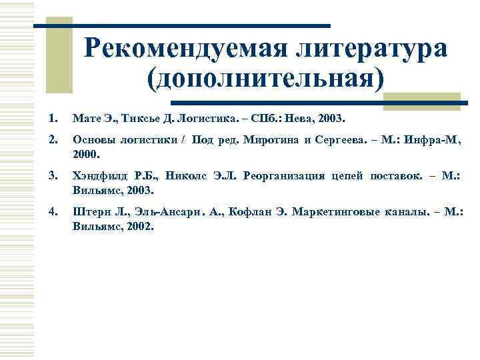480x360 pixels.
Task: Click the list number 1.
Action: pyautogui.click(x=53, y=118)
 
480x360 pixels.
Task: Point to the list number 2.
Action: pyautogui.click(x=53, y=140)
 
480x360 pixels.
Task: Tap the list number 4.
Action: pyautogui.click(x=53, y=212)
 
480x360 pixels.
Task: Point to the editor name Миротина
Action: pyautogui.click(x=270, y=141)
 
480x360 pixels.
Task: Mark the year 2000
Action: pyautogui.click(x=85, y=154)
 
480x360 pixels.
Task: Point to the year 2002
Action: pyautogui.click(x=139, y=226)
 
